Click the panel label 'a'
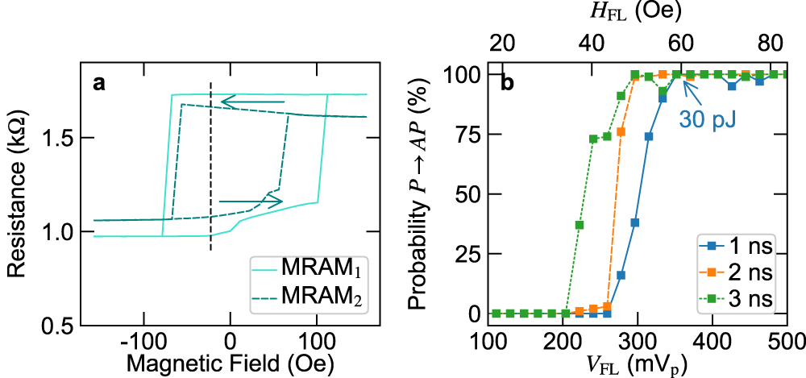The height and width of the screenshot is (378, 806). click(x=98, y=83)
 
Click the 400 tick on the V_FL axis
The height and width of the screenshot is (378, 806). click(x=712, y=338)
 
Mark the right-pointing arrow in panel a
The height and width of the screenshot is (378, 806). click(x=251, y=201)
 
